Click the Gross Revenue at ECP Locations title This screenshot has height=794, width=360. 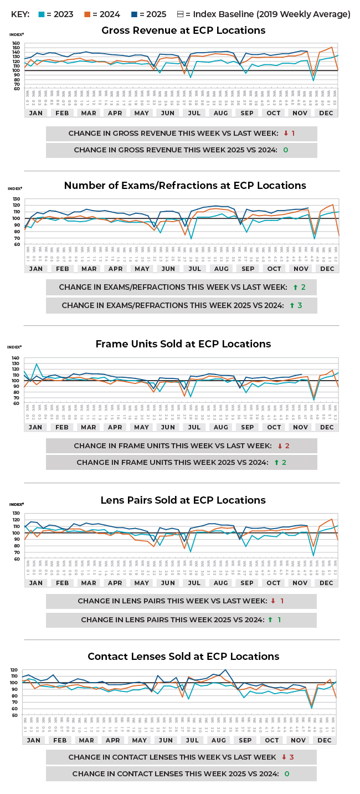(x=183, y=30)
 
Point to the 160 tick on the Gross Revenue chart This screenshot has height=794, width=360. (x=16, y=43)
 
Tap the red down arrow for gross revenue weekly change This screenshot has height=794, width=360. (x=285, y=134)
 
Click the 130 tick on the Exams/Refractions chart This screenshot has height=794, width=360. (x=16, y=198)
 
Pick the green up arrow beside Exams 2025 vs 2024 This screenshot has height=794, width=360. (x=295, y=305)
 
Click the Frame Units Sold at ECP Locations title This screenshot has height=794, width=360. (x=183, y=344)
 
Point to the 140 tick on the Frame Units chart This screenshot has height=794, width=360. (x=16, y=358)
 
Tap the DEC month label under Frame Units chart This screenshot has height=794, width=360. (x=327, y=427)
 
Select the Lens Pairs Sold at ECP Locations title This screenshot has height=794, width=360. (x=183, y=500)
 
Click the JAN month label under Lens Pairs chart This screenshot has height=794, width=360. (x=35, y=583)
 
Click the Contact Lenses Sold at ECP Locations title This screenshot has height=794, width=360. (x=183, y=657)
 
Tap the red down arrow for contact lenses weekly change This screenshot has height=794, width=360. (x=284, y=757)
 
